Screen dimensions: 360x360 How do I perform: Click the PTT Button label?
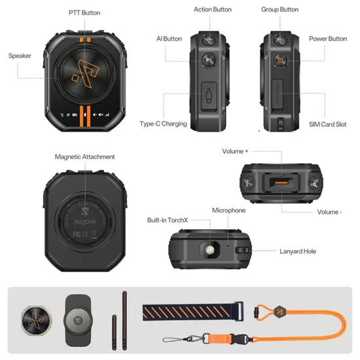[84, 12]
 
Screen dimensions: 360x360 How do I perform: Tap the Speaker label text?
[20, 56]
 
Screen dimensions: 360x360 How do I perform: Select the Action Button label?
[213, 9]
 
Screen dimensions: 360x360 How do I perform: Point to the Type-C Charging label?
[163, 124]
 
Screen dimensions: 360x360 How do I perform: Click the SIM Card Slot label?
[327, 124]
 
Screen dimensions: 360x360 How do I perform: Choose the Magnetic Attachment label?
[84, 157]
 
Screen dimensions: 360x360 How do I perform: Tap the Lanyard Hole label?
[298, 251]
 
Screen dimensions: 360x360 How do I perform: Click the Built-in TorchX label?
[168, 220]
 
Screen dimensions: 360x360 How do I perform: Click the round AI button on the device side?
[208, 60]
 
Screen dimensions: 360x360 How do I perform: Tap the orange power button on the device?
[280, 60]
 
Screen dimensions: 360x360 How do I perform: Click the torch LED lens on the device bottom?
[210, 249]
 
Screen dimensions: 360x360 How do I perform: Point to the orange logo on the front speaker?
[85, 73]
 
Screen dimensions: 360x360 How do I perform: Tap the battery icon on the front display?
[75, 115]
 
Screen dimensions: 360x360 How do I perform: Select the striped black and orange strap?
[193, 312]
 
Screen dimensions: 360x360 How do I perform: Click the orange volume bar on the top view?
[281, 183]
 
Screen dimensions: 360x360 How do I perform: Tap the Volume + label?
[235, 151]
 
